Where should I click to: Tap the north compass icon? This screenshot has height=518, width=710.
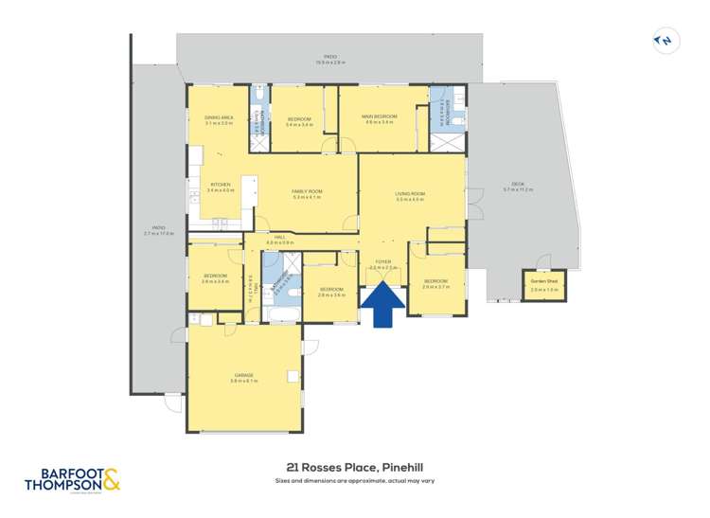tap(666, 41)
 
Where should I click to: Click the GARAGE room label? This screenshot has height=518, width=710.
tap(244, 374)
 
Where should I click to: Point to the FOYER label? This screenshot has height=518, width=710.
tap(383, 261)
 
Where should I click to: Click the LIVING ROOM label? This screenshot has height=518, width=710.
tap(409, 194)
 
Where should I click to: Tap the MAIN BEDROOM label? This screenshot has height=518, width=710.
tap(379, 116)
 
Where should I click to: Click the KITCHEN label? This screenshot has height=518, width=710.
tap(219, 185)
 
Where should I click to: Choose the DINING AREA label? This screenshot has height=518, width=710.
tap(219, 116)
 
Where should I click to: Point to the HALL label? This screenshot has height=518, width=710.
tap(279, 238)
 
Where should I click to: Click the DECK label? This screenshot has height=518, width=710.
tap(518, 184)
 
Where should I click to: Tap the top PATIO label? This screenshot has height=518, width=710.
tap(329, 57)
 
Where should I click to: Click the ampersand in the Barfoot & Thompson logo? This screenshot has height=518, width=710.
tap(112, 481)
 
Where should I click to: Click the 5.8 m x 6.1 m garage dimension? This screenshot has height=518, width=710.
tap(244, 381)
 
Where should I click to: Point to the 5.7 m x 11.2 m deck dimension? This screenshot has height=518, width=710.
tap(518, 190)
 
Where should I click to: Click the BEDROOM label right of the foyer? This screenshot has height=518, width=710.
tap(435, 280)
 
